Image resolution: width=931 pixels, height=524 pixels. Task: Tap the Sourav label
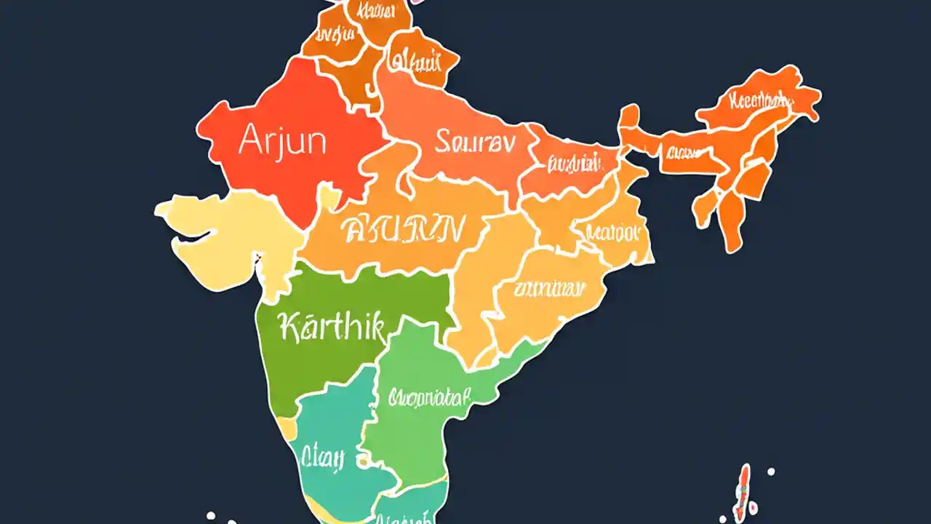[474, 142]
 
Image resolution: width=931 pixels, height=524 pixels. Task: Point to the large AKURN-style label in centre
[402, 230]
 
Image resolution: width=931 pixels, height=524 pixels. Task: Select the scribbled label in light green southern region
[429, 397]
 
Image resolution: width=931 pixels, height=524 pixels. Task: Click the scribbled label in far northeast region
[760, 100]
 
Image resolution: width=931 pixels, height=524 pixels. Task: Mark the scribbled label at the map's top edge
[367, 11]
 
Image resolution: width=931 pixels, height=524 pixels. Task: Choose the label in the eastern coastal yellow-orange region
[549, 289]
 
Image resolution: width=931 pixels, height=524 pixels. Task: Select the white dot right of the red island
[771, 472]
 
